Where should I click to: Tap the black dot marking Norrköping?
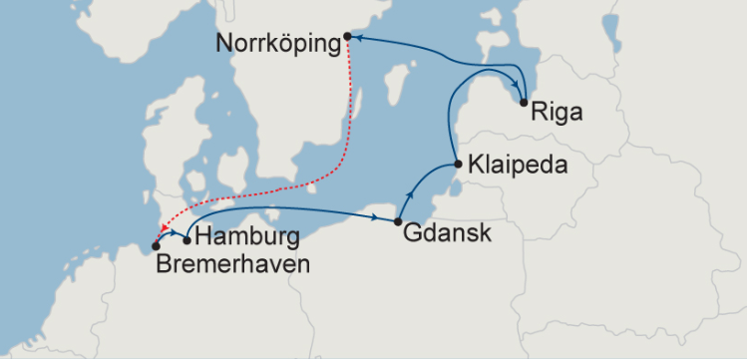click(347, 36)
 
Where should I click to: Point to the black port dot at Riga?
click(525, 102)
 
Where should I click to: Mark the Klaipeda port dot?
click(456, 164)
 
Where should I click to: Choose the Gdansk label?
click(448, 233)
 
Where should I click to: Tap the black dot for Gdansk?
click(398, 221)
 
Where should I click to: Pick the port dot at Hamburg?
click(187, 239)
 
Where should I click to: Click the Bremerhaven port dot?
click(156, 246)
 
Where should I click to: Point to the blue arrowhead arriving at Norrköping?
click(354, 37)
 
